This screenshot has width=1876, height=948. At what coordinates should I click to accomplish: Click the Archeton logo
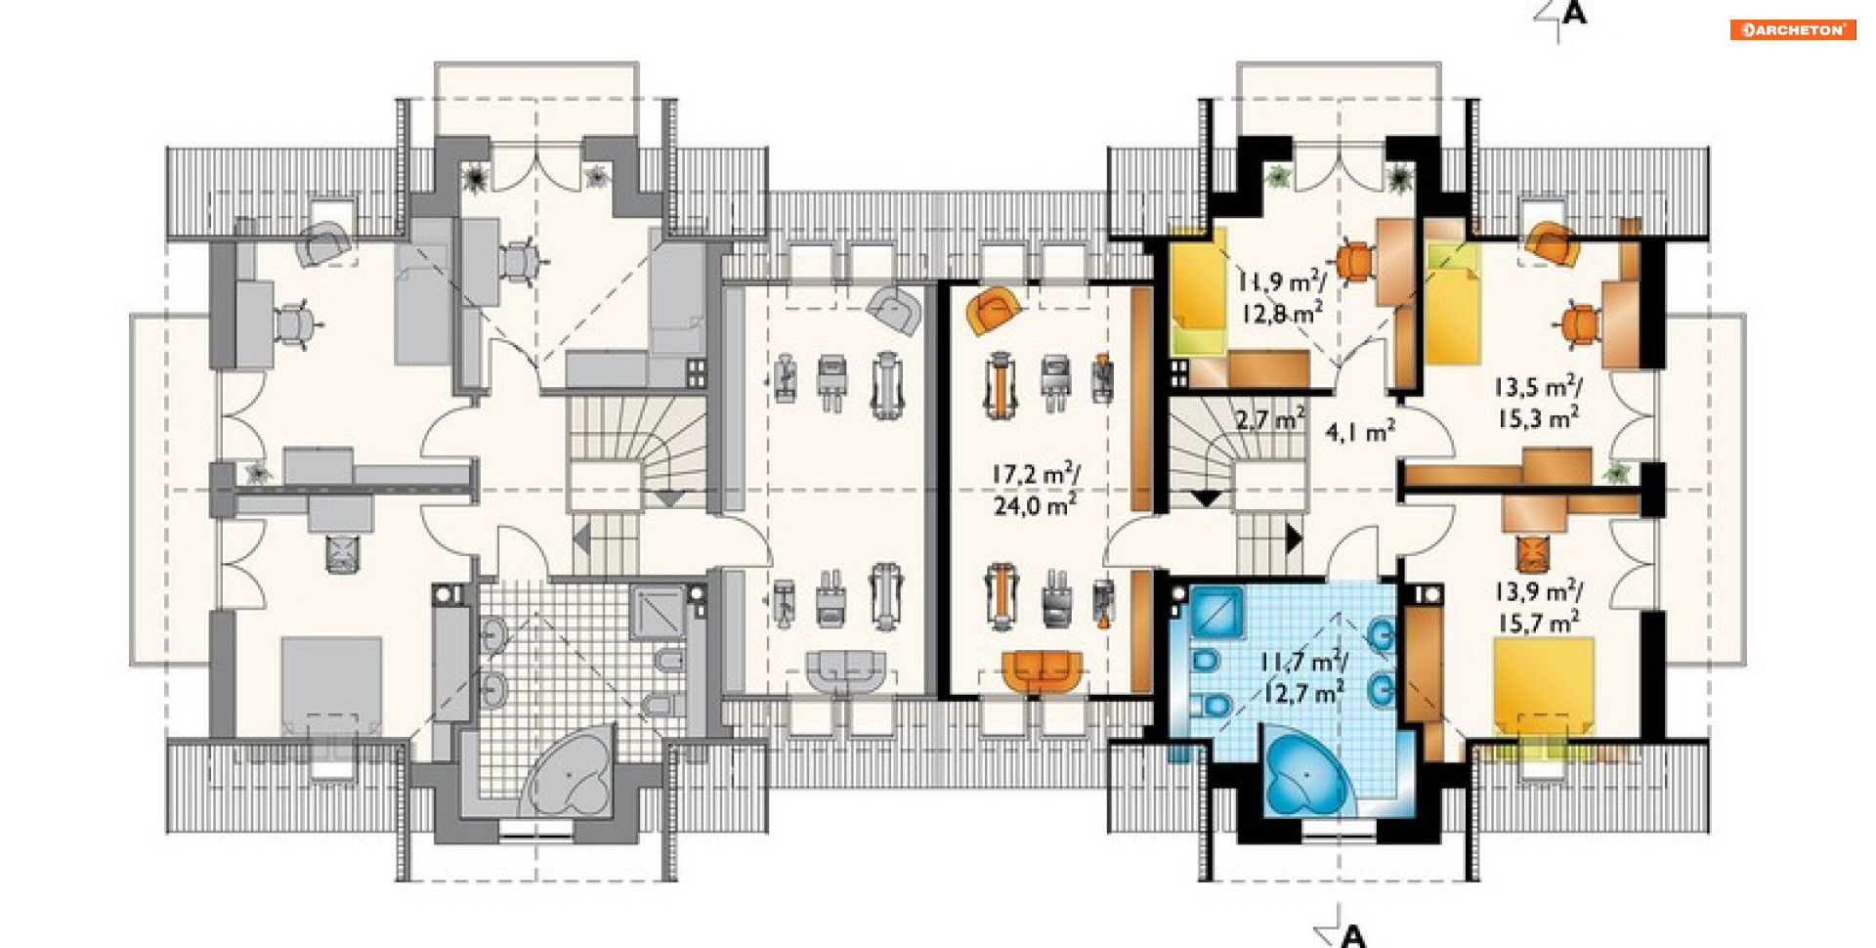tap(1793, 29)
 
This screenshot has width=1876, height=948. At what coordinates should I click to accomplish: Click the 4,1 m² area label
tap(1360, 431)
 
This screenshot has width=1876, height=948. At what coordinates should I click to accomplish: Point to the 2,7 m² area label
tap(1270, 420)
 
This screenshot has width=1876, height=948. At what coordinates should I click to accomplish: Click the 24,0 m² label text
tap(1035, 505)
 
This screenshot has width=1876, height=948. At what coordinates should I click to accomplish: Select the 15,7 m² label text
tap(1539, 623)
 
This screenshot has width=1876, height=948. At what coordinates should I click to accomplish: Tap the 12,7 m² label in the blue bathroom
tap(1302, 693)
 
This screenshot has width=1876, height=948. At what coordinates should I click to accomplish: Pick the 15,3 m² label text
tap(1539, 418)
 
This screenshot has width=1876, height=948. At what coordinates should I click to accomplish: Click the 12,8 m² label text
tap(1283, 313)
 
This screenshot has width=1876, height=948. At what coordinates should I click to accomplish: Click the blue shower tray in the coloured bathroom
tap(1216, 613)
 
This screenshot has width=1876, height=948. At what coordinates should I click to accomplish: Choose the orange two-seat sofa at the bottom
tap(1043, 671)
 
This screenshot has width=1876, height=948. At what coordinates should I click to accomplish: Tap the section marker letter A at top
tap(1574, 13)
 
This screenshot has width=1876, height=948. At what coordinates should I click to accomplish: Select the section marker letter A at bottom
tap(1353, 936)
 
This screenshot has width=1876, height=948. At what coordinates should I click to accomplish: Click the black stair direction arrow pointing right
tap(1295, 539)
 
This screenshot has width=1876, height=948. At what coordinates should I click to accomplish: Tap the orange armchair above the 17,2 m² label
tap(993, 310)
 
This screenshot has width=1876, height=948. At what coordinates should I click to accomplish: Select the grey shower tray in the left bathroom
tap(657, 612)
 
